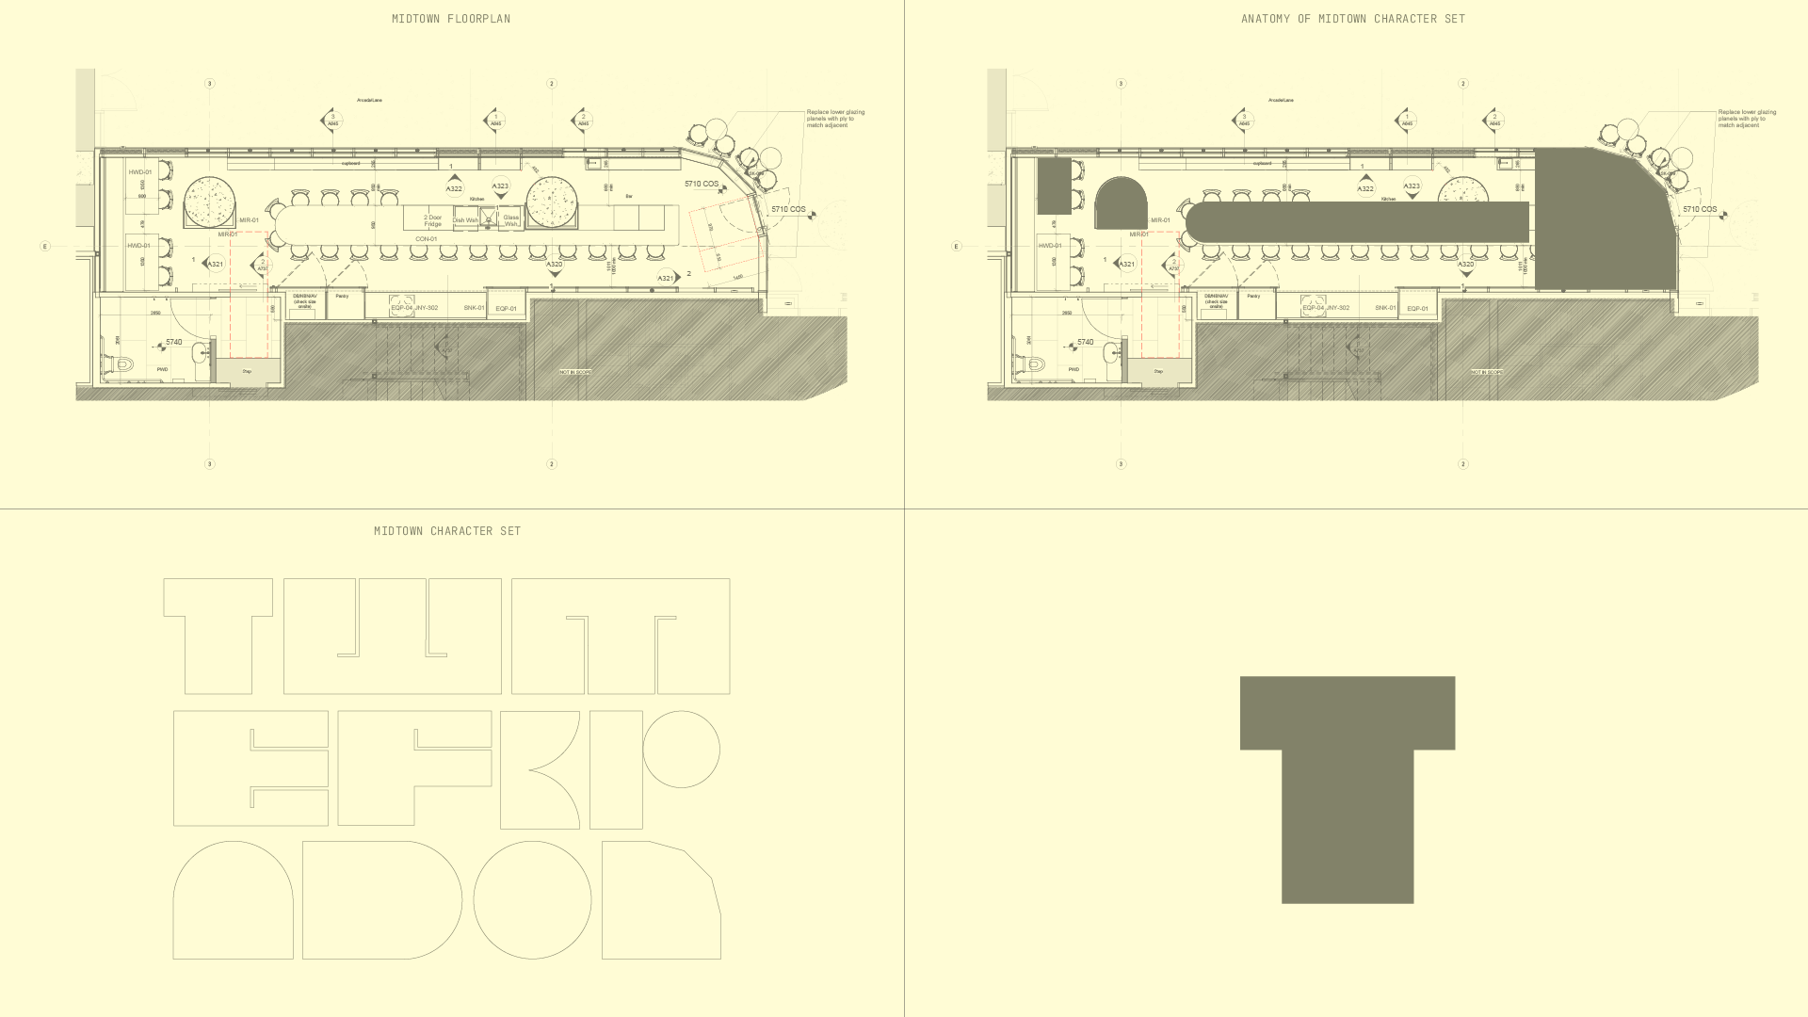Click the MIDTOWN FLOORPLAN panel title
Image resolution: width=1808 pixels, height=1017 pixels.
[x=451, y=19]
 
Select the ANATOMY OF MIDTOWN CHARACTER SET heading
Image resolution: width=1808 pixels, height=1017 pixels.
[x=1353, y=19]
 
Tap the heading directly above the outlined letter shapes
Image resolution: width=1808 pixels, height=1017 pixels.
[x=447, y=531]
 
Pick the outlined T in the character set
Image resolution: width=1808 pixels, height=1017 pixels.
[x=218, y=636]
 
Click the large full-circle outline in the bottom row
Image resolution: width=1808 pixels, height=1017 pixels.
[x=532, y=900]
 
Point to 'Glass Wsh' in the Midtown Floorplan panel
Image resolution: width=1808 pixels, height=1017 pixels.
[x=510, y=220]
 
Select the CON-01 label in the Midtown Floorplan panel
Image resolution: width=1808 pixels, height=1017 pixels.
[x=426, y=239]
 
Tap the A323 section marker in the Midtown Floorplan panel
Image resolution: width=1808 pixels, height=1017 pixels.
[x=500, y=186]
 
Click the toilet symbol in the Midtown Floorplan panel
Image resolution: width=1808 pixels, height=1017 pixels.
[x=122, y=364]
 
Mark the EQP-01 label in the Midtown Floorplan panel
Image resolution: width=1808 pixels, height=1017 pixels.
[x=506, y=309]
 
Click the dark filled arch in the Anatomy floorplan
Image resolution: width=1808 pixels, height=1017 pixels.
[x=1121, y=203]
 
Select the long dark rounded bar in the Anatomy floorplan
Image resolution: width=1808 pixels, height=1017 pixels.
[x=1356, y=222]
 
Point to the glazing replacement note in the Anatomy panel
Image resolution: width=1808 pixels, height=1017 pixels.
[x=1747, y=119]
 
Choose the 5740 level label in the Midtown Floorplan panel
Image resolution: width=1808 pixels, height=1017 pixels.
[x=173, y=343]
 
